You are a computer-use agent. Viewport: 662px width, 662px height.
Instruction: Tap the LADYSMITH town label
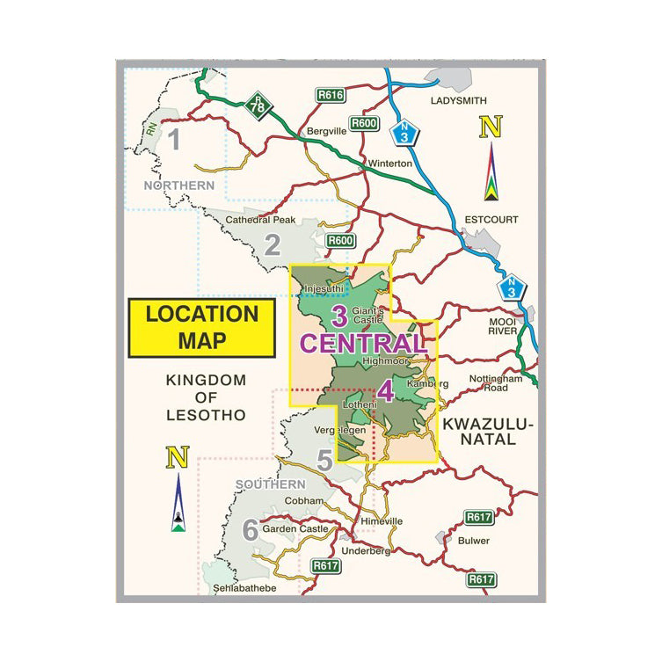coord(458,101)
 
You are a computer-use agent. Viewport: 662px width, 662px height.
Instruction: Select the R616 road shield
coord(330,95)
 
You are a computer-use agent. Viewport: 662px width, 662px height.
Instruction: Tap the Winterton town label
coord(390,164)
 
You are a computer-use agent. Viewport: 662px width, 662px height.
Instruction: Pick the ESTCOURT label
coord(492,219)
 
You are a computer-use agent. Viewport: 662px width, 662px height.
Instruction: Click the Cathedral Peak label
coord(261,220)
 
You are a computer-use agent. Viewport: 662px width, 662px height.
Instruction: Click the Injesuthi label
coord(321,287)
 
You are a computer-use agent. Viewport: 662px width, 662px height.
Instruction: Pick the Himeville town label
coord(381,521)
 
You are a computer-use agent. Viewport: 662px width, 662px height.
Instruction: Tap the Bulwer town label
coord(474,541)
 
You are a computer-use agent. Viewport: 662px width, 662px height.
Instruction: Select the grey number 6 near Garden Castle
coord(250,530)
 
